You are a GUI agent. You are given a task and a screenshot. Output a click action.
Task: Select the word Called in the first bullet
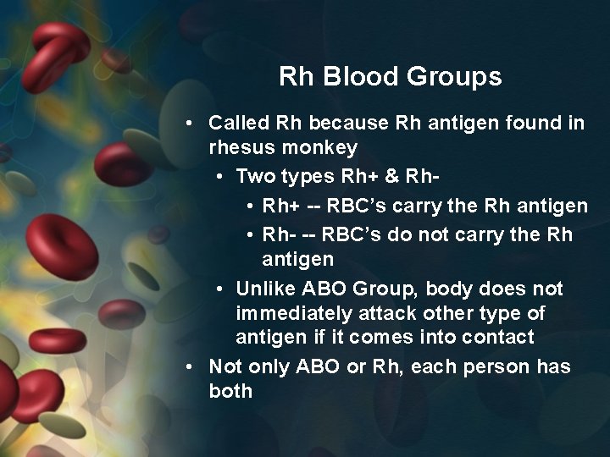point(239,123)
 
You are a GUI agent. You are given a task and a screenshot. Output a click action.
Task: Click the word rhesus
point(239,147)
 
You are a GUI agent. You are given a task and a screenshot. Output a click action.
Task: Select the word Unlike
point(265,289)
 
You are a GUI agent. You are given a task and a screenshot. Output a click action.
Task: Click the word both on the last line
point(230,391)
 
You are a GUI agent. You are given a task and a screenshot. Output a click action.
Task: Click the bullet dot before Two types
point(219,177)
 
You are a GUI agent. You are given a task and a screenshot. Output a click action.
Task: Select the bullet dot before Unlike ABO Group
point(219,289)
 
